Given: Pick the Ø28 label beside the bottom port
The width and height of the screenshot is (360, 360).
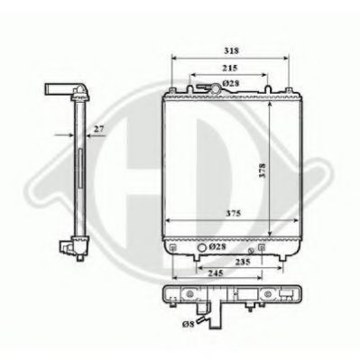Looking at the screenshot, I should point(217,246).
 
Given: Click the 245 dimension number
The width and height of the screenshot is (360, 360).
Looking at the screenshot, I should point(213,271).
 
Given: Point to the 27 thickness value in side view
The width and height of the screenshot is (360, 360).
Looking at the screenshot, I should point(98,128).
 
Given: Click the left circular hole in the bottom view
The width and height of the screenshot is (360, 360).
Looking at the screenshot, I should point(191,294).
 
